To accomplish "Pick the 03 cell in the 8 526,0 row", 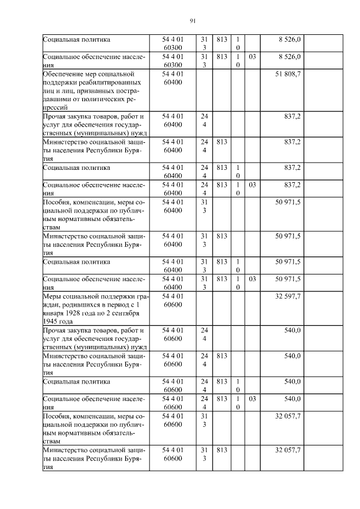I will [x=253, y=57].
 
